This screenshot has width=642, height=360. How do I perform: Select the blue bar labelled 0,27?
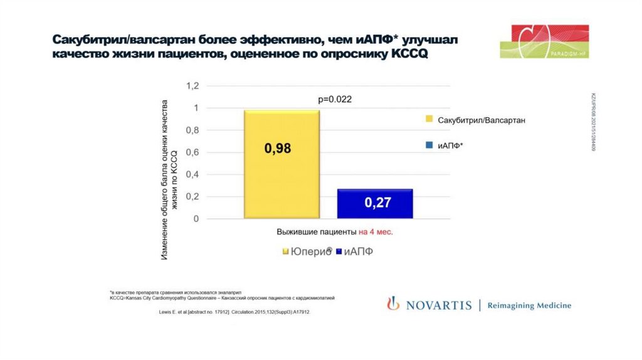click(375, 203)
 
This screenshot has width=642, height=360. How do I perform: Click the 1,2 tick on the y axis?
click(191, 85)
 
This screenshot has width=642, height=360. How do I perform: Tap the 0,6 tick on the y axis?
click(191, 152)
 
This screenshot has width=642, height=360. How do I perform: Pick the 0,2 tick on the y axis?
click(191, 197)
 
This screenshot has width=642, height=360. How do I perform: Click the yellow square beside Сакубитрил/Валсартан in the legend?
click(429, 119)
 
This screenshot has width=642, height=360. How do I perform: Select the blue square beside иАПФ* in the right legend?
click(429, 146)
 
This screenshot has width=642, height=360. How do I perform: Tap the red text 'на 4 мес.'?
click(376, 231)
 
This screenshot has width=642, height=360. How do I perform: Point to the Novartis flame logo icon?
click(392, 304)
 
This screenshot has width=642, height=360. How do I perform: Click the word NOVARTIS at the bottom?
click(438, 305)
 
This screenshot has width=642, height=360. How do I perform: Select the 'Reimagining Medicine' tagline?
click(530, 305)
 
